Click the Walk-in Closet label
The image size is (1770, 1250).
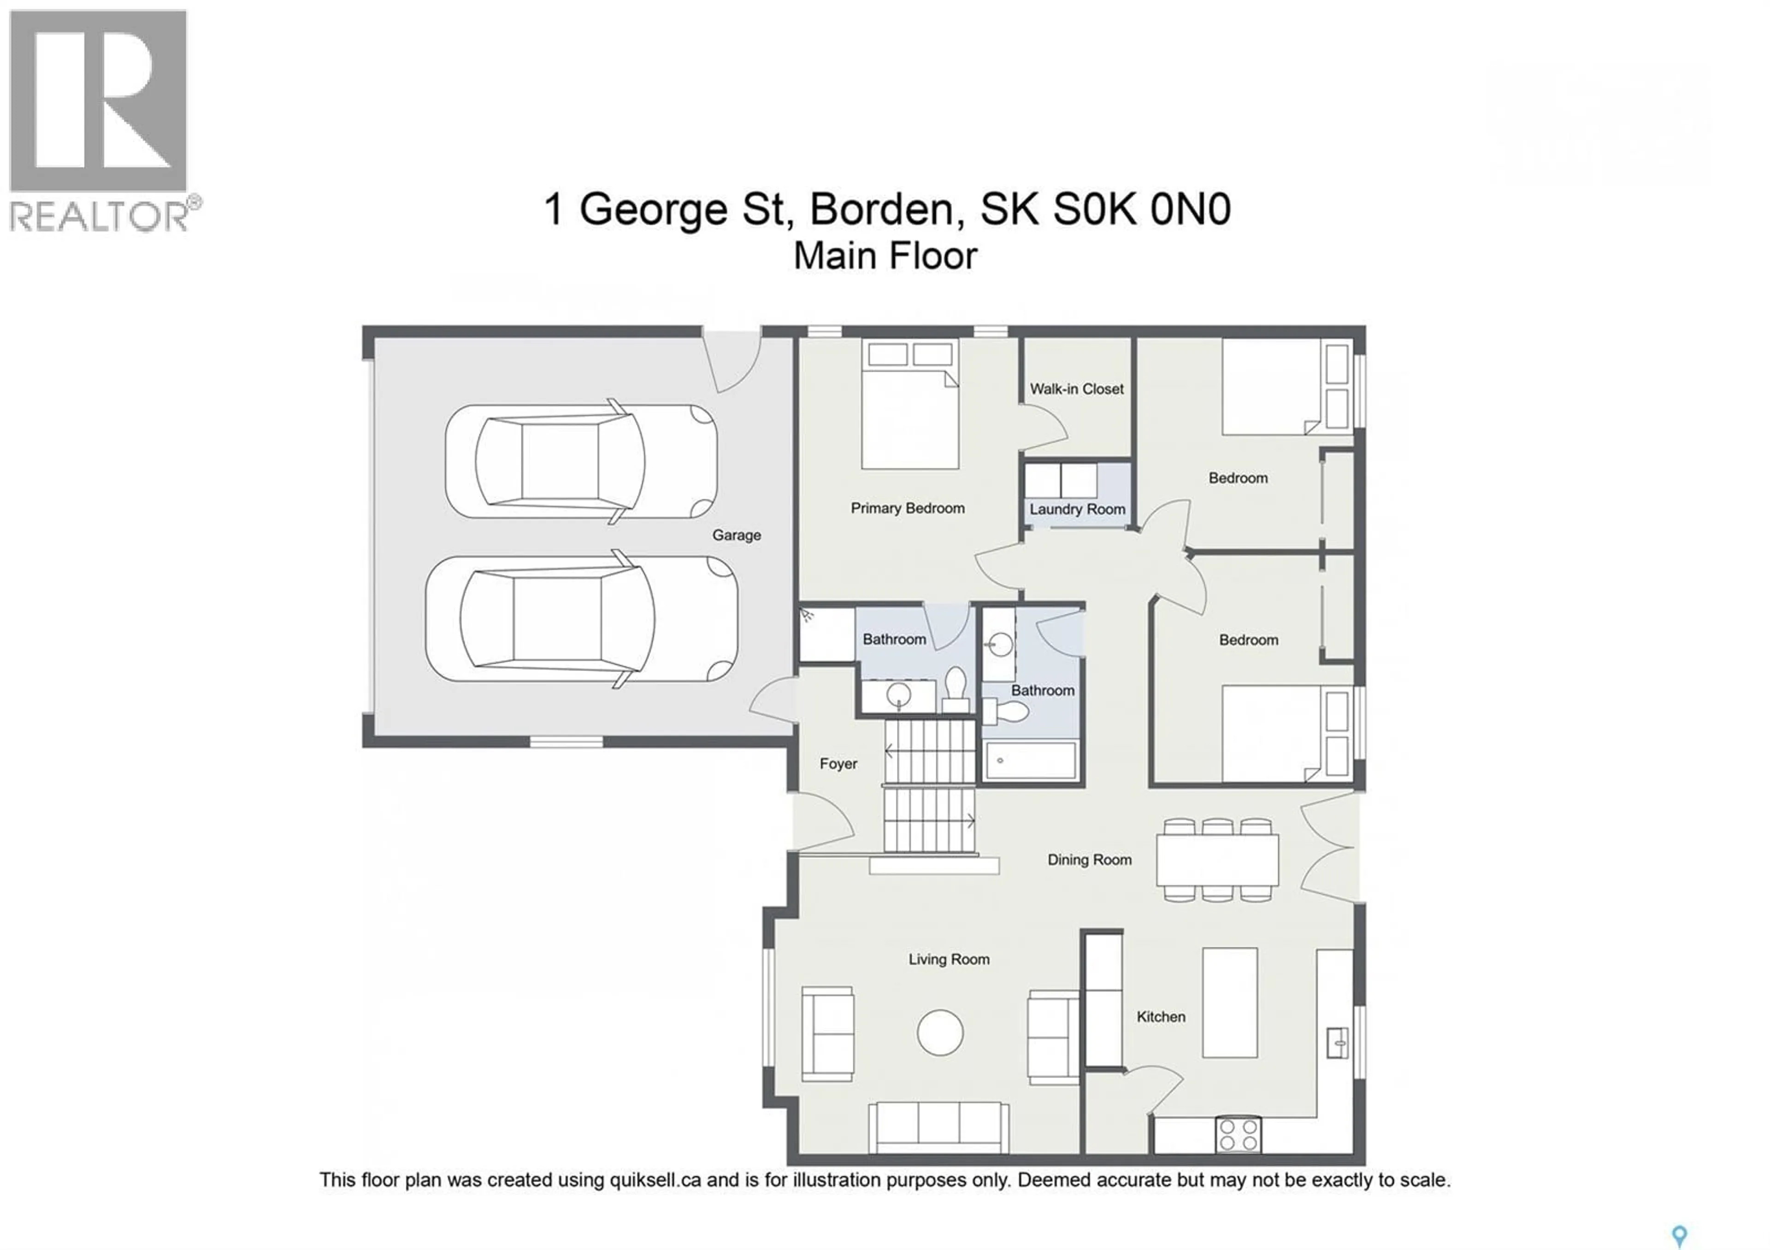(1076, 389)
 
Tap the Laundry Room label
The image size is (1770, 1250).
(1077, 509)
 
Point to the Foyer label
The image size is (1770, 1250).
(838, 764)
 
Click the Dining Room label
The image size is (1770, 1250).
(1089, 860)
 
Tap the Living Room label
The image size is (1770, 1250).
(948, 960)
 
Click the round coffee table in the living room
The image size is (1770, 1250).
(940, 1032)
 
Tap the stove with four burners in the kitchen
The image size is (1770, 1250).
(1238, 1134)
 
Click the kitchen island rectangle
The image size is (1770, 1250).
(1230, 1002)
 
